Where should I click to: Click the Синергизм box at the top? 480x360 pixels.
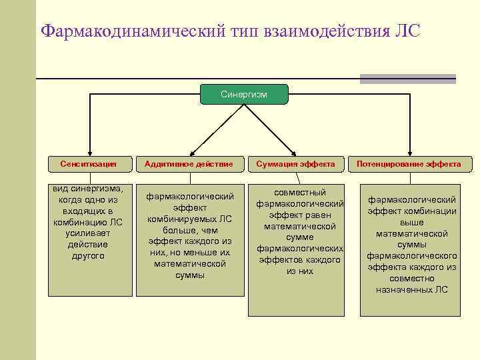(243, 95)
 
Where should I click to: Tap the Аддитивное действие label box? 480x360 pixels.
(189, 163)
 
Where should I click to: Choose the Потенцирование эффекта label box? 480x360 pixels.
(409, 163)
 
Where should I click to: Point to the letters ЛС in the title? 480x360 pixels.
(406, 31)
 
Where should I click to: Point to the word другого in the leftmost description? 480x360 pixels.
(88, 255)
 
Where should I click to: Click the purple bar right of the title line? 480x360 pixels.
(407, 79)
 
